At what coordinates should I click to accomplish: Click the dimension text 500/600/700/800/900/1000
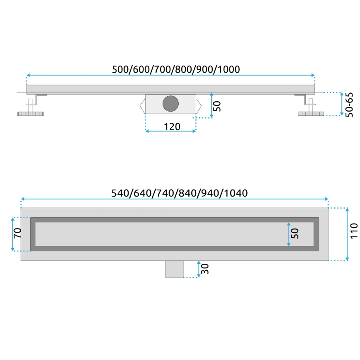(176, 69)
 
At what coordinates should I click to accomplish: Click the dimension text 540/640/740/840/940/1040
(179, 193)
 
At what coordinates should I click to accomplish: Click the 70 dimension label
(17, 234)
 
